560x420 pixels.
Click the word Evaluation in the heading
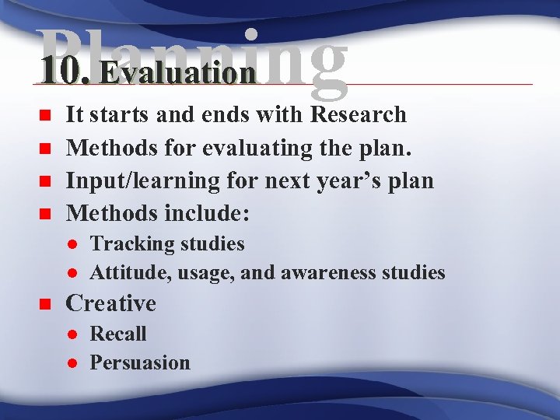click(177, 73)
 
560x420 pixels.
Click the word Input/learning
click(131, 180)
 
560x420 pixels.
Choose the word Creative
click(110, 303)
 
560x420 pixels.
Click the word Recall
click(118, 334)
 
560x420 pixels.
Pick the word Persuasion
click(140, 362)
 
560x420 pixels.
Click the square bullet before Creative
click(45, 304)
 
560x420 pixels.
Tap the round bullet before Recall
click(70, 334)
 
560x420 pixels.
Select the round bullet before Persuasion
click(70, 363)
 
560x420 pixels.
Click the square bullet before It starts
click(45, 115)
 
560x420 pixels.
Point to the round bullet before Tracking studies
click(70, 244)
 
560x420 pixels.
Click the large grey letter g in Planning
click(317, 62)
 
